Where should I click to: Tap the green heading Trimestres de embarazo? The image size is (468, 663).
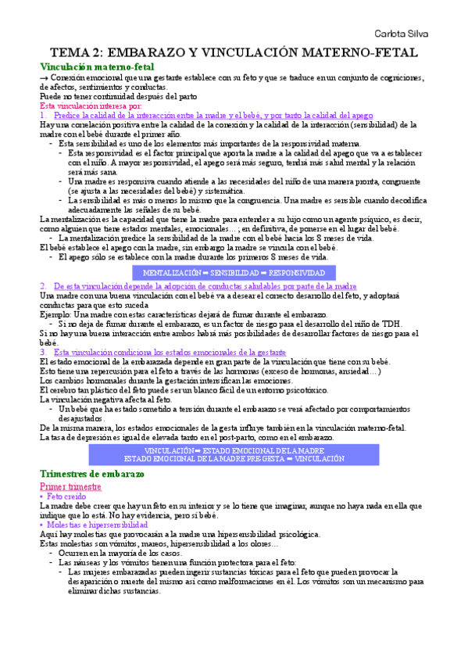(98, 475)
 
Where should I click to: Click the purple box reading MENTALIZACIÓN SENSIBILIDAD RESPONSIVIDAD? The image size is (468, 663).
(234, 273)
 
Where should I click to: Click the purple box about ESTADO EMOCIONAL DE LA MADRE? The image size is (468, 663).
(234, 455)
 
